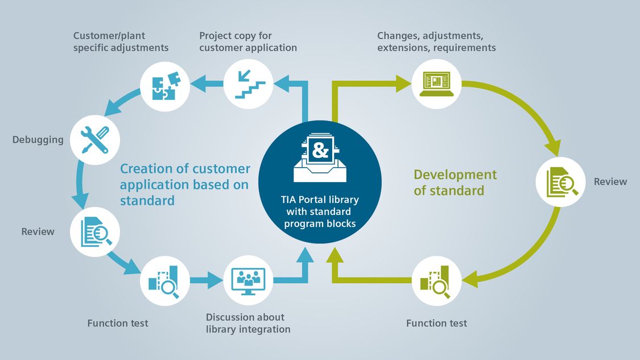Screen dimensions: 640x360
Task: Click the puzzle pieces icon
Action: coord(166,86)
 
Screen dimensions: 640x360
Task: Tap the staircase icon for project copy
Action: coord(248,84)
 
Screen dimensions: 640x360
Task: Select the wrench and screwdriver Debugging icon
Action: coord(95,140)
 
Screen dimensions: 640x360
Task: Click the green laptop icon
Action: coord(436,84)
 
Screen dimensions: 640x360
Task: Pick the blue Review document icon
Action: coord(96,232)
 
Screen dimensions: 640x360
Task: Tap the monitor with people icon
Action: coord(248,281)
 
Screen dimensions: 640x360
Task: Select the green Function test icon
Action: coord(436,282)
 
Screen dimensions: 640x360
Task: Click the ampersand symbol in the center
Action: coord(320,151)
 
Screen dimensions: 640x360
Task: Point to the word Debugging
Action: coord(38,140)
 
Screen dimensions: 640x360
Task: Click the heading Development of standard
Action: coord(455,183)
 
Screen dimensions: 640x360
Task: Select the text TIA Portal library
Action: coord(320,200)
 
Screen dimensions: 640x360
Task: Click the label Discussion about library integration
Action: coord(248,323)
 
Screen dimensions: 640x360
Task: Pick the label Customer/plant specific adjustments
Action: coord(121,42)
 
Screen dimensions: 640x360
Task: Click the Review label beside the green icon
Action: coord(610,181)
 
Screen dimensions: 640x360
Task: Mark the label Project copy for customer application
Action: coord(248,42)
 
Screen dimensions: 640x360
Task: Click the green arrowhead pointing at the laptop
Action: coord(404,84)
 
